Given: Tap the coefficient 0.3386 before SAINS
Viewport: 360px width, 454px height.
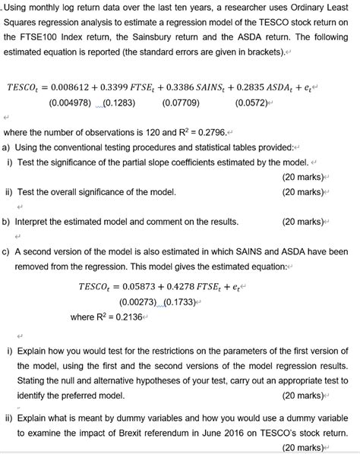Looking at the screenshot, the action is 191,87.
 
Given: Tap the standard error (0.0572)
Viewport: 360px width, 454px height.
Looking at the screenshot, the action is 254,102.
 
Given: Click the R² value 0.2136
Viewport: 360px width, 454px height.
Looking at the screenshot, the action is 126,317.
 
